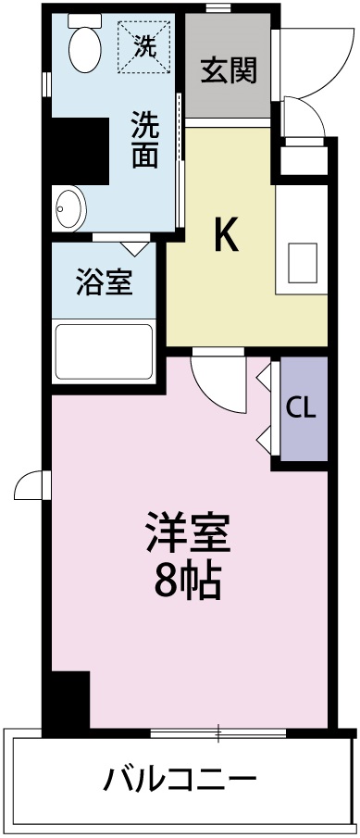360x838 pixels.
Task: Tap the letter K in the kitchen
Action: click(x=227, y=236)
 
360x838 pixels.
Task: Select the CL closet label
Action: click(x=300, y=408)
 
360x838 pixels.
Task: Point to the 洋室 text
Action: click(x=186, y=532)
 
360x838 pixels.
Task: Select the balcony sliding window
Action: click(x=217, y=734)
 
